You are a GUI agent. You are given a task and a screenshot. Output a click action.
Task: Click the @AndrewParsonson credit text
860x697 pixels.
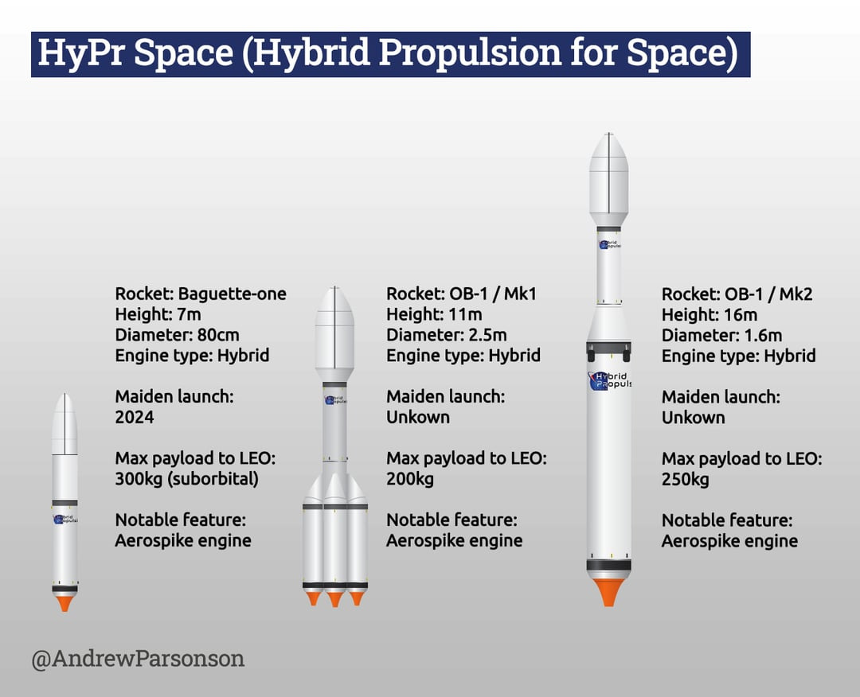138,659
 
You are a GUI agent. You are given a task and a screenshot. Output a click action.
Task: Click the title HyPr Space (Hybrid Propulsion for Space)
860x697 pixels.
389,54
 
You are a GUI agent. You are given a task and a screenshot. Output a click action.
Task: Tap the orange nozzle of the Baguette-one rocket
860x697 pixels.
64,602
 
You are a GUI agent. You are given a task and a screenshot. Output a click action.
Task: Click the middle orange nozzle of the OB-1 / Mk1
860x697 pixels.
335,598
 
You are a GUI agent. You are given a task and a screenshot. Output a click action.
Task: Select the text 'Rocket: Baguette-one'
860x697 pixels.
201,294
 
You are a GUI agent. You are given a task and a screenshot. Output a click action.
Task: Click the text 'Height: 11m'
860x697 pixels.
435,314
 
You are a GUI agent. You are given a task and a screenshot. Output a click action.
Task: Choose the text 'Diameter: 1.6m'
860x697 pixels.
721,335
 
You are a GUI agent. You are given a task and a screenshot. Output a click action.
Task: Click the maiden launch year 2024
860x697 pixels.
135,417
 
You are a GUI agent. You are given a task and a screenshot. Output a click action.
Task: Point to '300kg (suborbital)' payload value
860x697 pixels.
187,479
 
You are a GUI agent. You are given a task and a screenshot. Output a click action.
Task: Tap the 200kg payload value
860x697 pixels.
410,479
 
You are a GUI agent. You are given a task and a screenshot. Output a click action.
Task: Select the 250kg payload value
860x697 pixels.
685,480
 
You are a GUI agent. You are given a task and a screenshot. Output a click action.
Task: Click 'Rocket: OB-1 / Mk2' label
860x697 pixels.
737,294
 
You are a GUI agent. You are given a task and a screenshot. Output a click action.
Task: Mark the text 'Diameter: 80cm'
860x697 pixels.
177,335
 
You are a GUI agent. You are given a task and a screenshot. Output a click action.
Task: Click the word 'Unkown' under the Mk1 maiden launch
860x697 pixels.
418,417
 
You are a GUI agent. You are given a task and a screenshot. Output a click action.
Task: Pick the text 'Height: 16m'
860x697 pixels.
709,315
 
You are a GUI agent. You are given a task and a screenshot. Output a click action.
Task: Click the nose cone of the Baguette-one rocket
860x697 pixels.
64,422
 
